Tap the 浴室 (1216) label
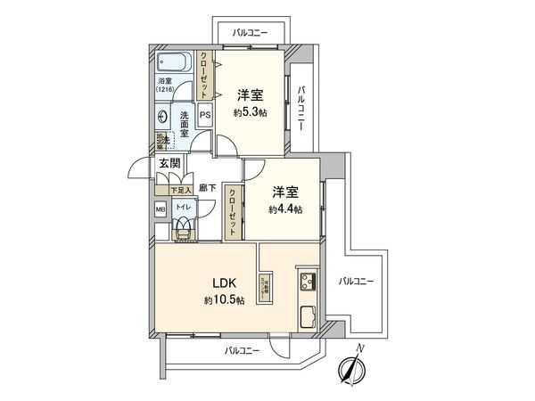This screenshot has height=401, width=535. tap(166, 86)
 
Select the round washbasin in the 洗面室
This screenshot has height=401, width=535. tap(162, 117)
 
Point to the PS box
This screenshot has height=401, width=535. tap(204, 115)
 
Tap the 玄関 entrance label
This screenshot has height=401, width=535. tap(170, 163)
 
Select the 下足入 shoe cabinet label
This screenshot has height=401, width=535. tap(168, 191)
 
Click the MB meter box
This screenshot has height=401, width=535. tap(160, 210)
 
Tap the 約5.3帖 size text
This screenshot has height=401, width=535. tap(249, 113)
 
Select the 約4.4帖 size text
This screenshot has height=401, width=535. tap(286, 210)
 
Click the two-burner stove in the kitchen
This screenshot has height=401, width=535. tap(308, 282)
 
